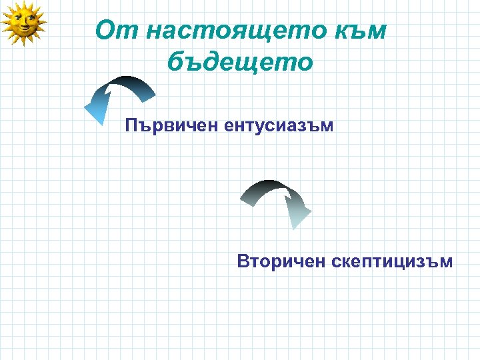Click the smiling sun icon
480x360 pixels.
coord(24,23)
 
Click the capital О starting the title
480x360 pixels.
coord(106,31)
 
